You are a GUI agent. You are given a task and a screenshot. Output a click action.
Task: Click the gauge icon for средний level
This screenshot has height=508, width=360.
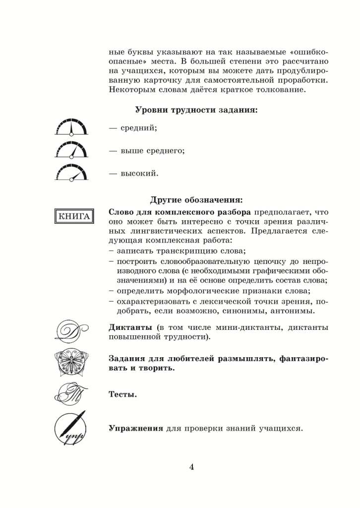click(71, 128)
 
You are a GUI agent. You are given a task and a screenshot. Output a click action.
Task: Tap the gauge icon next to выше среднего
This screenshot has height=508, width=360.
click(71, 150)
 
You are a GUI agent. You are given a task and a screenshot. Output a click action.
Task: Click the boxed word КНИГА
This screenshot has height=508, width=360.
click(74, 216)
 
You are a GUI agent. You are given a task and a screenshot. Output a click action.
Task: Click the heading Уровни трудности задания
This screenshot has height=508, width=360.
click(196, 110)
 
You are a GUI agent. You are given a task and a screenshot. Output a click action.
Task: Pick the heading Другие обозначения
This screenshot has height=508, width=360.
click(196, 200)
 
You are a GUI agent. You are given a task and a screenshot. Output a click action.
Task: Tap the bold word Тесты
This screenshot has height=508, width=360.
click(122, 395)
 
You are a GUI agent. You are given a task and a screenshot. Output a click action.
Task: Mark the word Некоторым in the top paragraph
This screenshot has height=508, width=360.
click(128, 90)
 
